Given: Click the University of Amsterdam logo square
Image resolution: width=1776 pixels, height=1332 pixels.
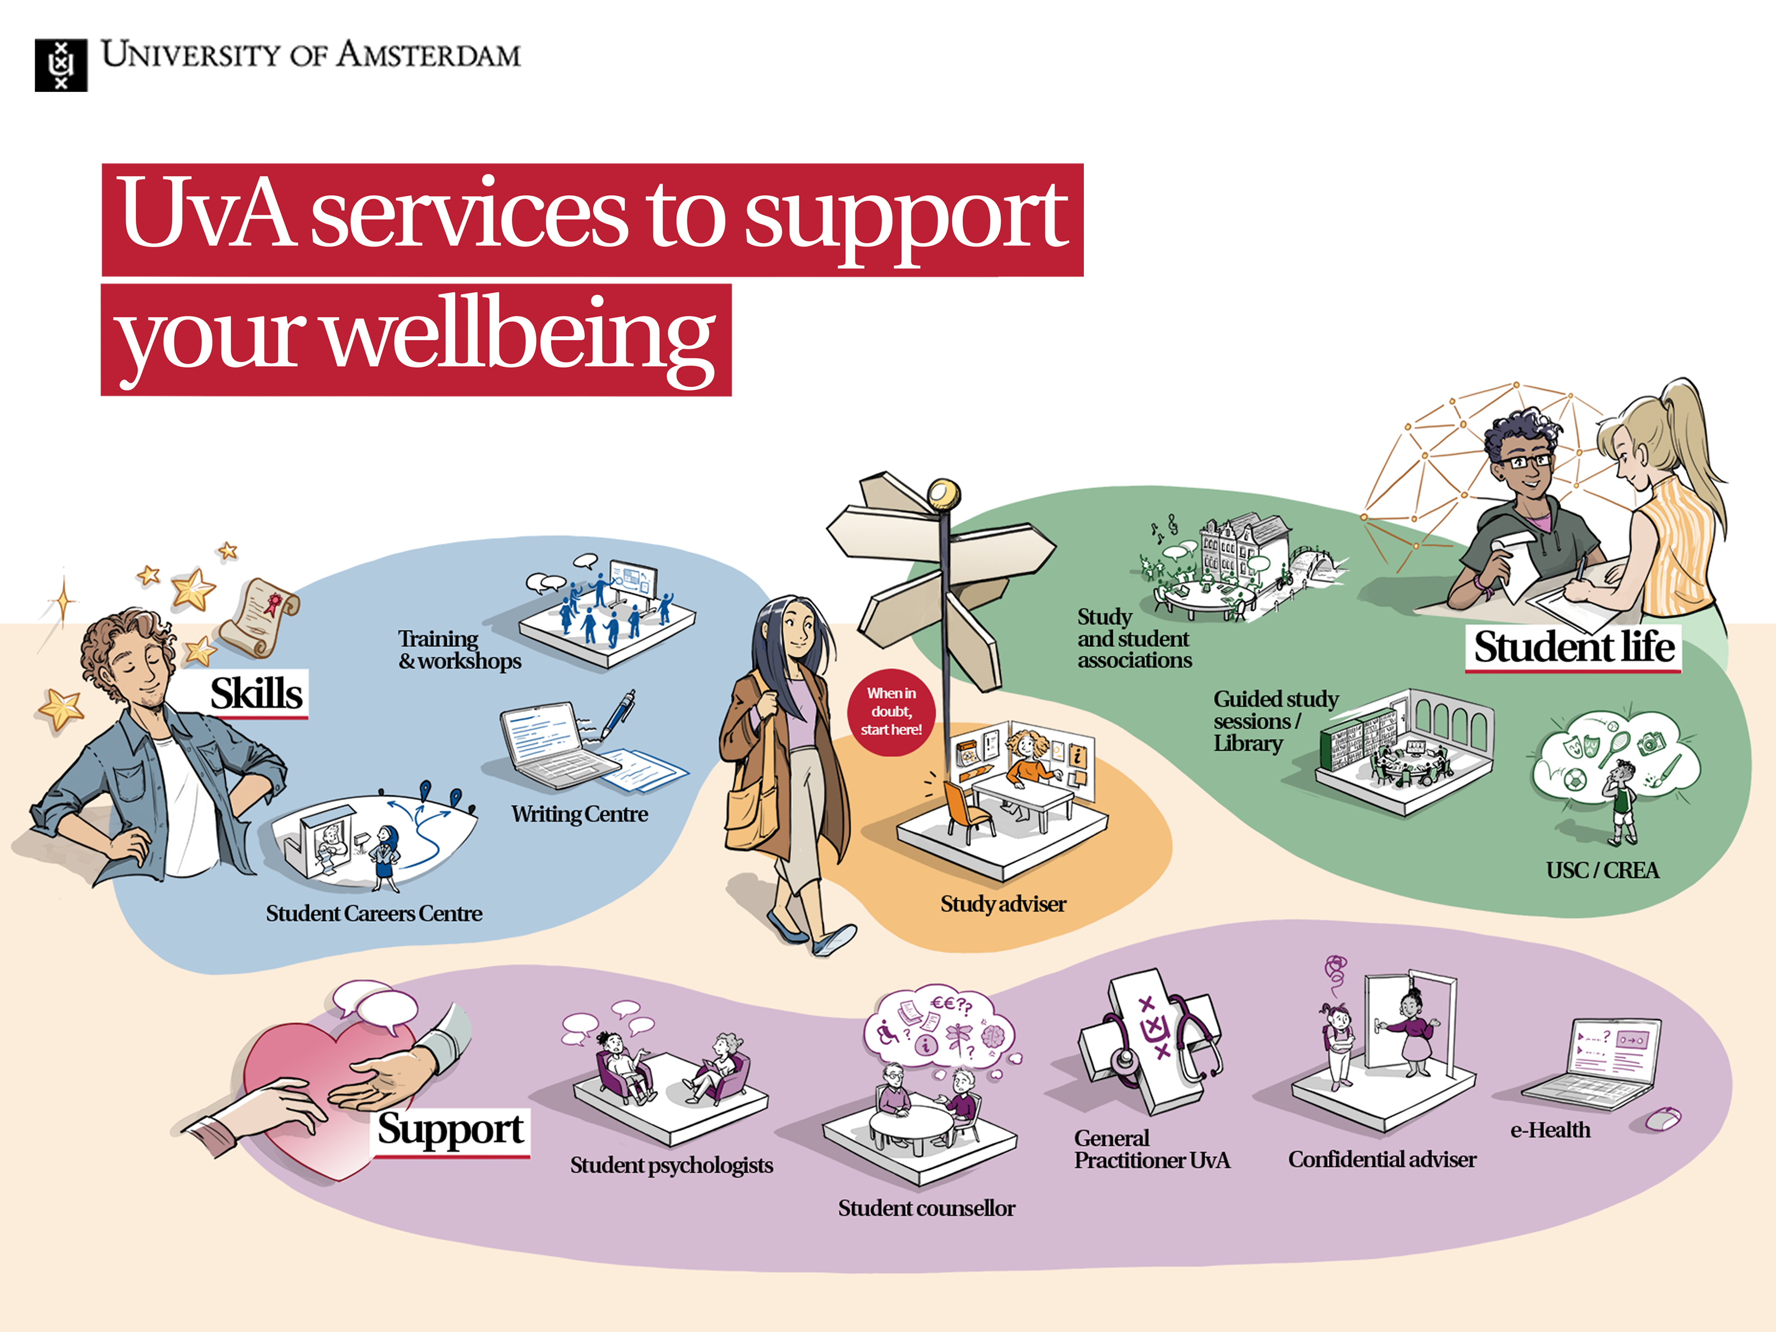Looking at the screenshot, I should [61, 65].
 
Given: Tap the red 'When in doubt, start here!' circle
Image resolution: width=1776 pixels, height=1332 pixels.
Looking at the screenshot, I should [891, 711].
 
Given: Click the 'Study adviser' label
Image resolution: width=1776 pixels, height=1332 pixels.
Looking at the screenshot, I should [1003, 904].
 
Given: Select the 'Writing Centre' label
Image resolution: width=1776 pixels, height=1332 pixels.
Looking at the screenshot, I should [579, 814].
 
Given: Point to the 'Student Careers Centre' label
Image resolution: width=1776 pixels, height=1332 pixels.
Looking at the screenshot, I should [374, 914].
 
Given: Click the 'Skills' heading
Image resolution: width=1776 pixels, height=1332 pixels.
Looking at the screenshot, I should [256, 694].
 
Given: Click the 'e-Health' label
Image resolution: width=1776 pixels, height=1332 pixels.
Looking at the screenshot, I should [1550, 1131].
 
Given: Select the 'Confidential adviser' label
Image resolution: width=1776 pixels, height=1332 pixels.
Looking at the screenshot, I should [1382, 1160].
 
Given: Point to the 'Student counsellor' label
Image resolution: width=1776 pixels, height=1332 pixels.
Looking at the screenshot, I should [927, 1208].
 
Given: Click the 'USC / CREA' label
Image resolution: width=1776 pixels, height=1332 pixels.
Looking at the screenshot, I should [1602, 871].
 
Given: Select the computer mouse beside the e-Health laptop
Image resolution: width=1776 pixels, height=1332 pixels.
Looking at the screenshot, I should [1662, 1118].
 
